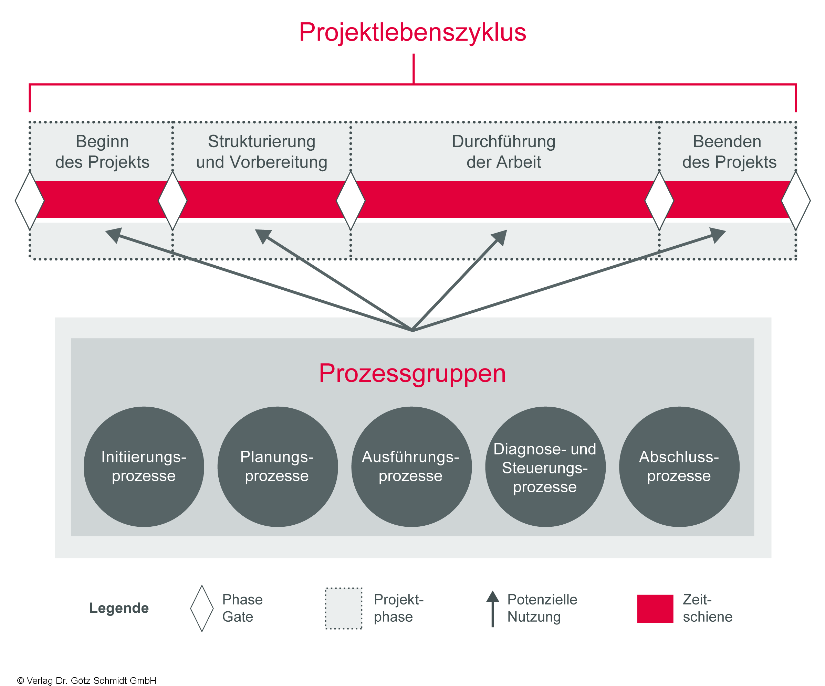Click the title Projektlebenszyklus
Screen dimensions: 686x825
(412, 32)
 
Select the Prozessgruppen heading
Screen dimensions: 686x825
(412, 373)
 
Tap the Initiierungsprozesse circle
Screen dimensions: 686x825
(144, 467)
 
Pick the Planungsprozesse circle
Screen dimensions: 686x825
(278, 467)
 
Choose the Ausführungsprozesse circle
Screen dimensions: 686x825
(411, 467)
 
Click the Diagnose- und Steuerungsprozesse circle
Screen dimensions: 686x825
(545, 467)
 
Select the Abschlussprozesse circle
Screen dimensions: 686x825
(679, 467)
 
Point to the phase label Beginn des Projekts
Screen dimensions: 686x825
(102, 152)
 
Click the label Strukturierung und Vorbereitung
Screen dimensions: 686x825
(262, 152)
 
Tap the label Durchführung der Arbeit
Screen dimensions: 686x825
(504, 152)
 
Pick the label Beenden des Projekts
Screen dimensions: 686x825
(729, 152)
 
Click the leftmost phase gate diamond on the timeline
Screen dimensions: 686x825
(30, 200)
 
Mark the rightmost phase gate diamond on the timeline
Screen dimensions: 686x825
(795, 200)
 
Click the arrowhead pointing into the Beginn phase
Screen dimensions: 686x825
(113, 234)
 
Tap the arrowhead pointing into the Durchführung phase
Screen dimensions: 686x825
(500, 237)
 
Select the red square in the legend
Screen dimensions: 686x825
(655, 609)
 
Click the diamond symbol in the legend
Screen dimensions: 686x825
(202, 608)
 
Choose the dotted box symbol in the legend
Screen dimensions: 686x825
(343, 608)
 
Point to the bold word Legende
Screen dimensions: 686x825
(119, 608)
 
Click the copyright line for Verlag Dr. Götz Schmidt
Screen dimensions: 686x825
(86, 680)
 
